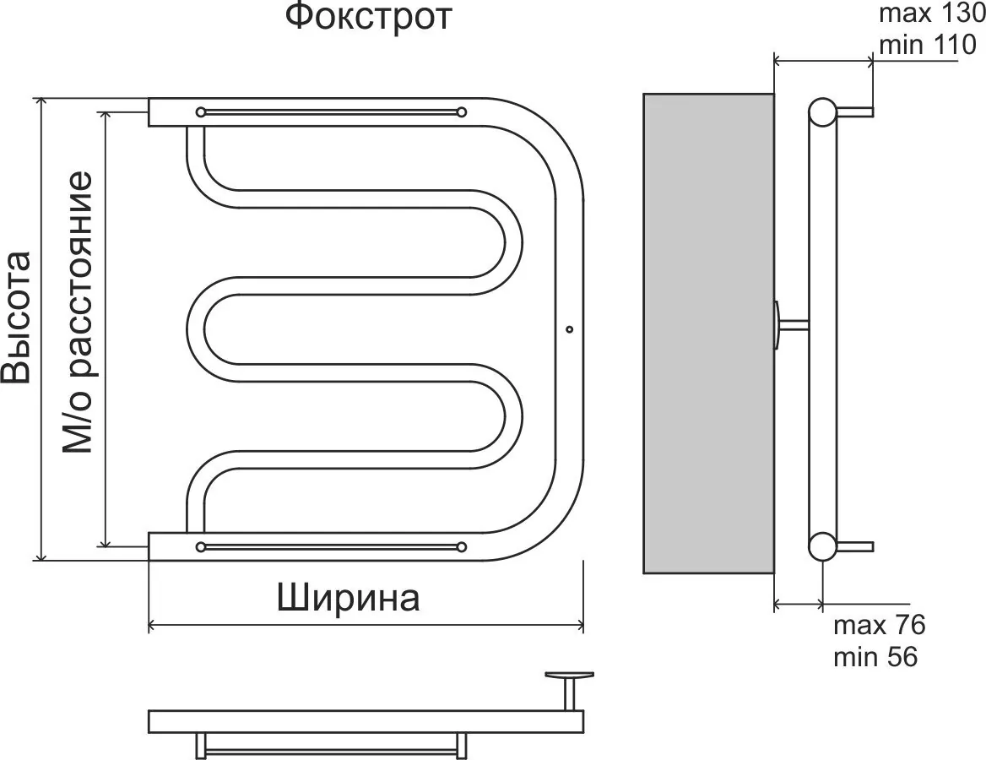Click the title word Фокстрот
[x=368, y=18]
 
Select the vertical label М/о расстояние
[x=78, y=312]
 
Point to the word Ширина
[x=349, y=599]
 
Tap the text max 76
[x=880, y=626]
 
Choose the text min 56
[x=875, y=656]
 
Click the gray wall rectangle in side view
[x=708, y=333]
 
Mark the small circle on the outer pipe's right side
[x=569, y=328]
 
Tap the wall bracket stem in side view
[x=794, y=324]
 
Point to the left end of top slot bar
[x=201, y=111]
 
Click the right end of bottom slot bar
[x=461, y=546]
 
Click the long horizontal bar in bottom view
[x=366, y=720]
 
